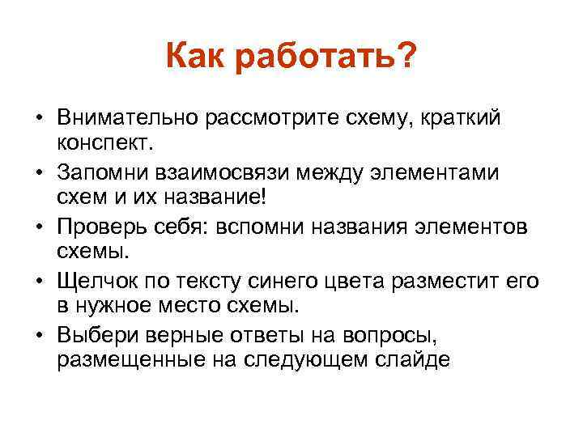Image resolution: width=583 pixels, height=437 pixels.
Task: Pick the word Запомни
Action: pyautogui.click(x=100, y=173)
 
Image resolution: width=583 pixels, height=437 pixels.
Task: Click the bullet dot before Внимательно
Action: pyautogui.click(x=38, y=120)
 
